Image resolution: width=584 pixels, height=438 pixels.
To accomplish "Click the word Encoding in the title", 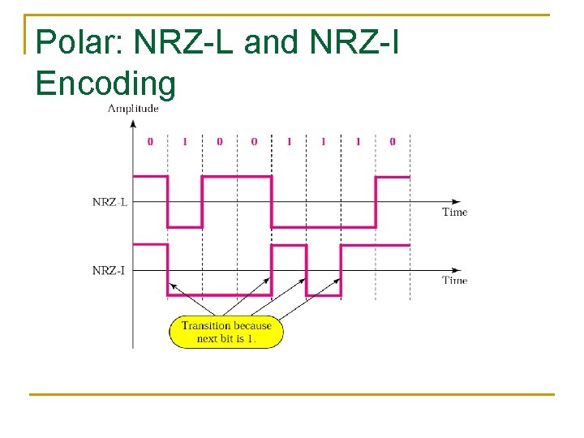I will pos(105,84).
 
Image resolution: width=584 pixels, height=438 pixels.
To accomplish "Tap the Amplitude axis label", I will pos(133,109).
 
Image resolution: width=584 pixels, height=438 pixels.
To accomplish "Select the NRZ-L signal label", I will pos(109,202).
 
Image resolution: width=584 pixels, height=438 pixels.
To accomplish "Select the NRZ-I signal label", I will pos(109,270).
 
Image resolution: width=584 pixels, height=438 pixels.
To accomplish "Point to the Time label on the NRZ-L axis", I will pos(454,212).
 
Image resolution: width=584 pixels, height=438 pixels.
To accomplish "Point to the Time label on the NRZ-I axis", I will pos(454,280).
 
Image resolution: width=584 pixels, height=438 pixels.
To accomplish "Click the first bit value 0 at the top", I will pos(150,142).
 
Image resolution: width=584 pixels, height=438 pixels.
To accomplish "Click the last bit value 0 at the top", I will pos(393,142).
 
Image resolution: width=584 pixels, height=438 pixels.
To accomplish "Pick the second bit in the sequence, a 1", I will pos(184,142).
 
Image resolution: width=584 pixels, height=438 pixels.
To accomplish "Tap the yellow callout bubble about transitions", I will pos(226,332).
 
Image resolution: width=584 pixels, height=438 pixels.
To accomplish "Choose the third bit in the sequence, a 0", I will pos(219,142).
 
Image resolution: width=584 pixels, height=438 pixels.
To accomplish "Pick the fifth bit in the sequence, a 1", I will pos(289,142).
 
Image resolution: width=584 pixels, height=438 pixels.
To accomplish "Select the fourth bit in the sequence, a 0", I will pos(254,142).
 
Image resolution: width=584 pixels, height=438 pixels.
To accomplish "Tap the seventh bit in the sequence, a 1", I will pos(358,142).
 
